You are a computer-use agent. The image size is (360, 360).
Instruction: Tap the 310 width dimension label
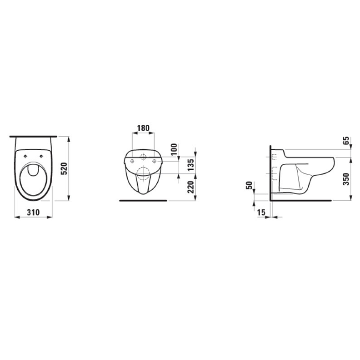[33, 212]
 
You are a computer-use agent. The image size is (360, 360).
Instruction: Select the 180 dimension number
[143, 128]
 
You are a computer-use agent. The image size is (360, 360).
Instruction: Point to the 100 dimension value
[174, 149]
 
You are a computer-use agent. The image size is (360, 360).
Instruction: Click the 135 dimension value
[191, 165]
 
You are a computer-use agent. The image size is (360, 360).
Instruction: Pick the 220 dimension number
[191, 187]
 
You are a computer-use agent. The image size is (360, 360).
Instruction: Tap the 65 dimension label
[346, 141]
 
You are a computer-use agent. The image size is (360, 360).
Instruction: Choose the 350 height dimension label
[346, 179]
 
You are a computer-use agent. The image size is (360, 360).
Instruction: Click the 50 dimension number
[249, 185]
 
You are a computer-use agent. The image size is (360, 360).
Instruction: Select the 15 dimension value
[261, 212]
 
